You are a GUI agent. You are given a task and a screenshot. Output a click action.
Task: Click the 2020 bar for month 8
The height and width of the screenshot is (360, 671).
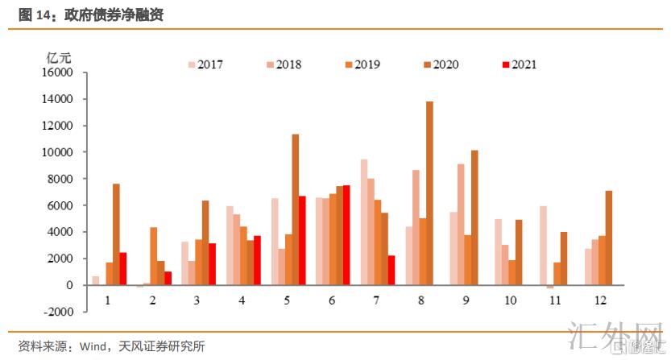pyautogui.click(x=429, y=193)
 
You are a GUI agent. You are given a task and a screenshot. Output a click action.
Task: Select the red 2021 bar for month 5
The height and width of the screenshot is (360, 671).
pyautogui.click(x=302, y=240)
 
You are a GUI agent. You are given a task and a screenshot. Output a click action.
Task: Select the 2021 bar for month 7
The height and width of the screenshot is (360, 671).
pyautogui.click(x=391, y=270)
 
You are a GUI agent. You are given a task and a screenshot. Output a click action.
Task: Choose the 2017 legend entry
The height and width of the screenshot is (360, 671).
pyautogui.click(x=205, y=64)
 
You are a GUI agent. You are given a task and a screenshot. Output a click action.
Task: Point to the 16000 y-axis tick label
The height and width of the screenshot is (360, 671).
pyautogui.click(x=56, y=72)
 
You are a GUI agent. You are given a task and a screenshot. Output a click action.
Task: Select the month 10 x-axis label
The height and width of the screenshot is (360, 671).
pyautogui.click(x=512, y=300)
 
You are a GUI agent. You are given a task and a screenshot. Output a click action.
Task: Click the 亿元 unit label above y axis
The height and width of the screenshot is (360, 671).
pyautogui.click(x=59, y=57)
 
